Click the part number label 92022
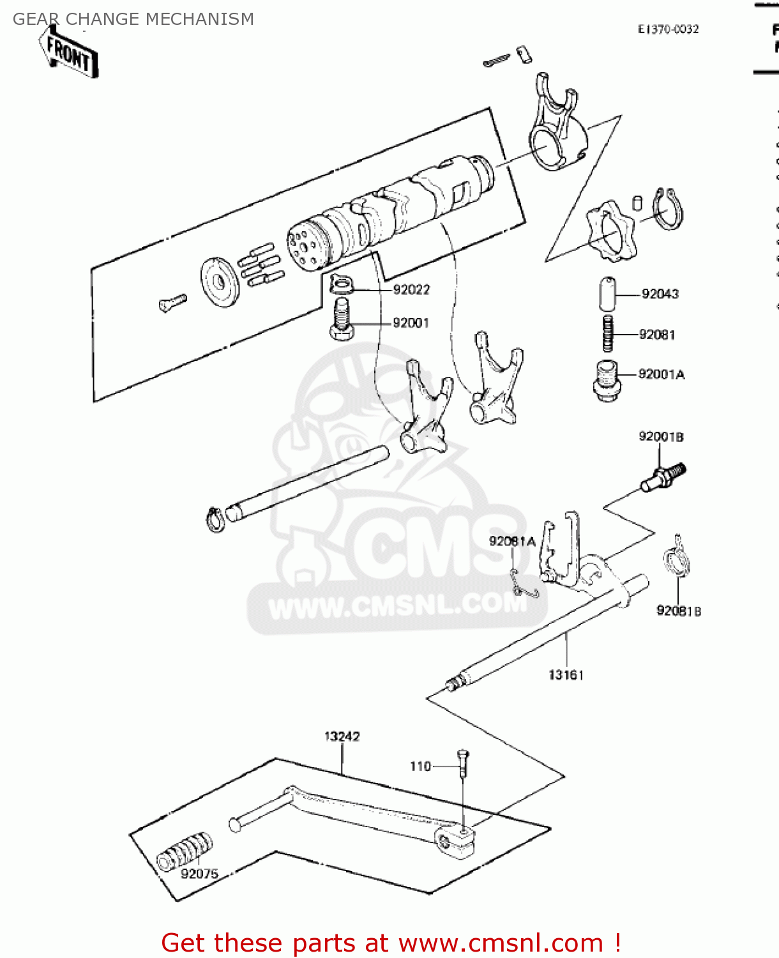(x=411, y=290)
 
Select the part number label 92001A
(x=662, y=374)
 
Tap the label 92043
(x=660, y=294)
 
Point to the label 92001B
(x=661, y=437)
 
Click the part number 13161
(x=566, y=675)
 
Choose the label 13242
(x=342, y=736)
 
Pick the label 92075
(x=199, y=874)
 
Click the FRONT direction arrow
(x=69, y=55)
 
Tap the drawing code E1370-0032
(x=668, y=29)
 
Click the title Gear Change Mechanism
(x=133, y=19)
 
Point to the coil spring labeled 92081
(x=609, y=333)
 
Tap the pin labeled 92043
(x=608, y=294)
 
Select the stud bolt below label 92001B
(x=664, y=478)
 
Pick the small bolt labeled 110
(x=463, y=763)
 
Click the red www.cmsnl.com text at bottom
(x=501, y=943)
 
